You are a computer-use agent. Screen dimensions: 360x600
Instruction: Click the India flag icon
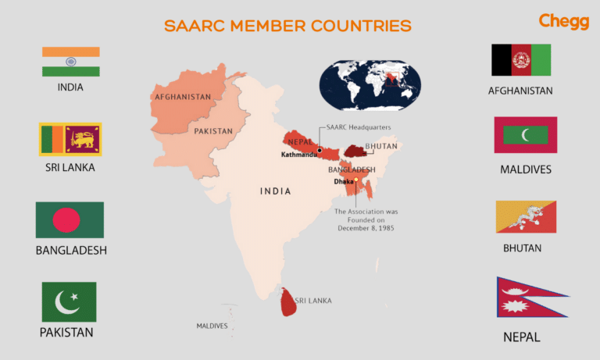71,62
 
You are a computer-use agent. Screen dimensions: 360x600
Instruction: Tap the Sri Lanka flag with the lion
71,140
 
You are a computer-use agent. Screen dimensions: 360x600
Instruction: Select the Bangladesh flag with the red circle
70,220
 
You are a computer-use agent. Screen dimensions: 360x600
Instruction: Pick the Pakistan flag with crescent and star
70,302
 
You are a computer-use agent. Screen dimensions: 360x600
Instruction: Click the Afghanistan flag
521,60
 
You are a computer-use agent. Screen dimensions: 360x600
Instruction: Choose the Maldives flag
526,135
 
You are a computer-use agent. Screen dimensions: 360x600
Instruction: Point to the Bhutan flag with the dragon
527,217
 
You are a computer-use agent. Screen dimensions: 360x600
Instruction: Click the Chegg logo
563,21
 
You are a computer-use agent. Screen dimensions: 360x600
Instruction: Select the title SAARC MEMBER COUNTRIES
287,26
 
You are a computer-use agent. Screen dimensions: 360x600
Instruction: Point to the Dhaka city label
342,181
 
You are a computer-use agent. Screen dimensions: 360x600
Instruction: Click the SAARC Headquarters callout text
359,127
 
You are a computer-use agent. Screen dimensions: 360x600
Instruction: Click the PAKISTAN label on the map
213,131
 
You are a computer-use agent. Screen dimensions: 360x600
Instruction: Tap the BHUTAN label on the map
381,146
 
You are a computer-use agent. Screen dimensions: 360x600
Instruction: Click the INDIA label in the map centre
275,191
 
